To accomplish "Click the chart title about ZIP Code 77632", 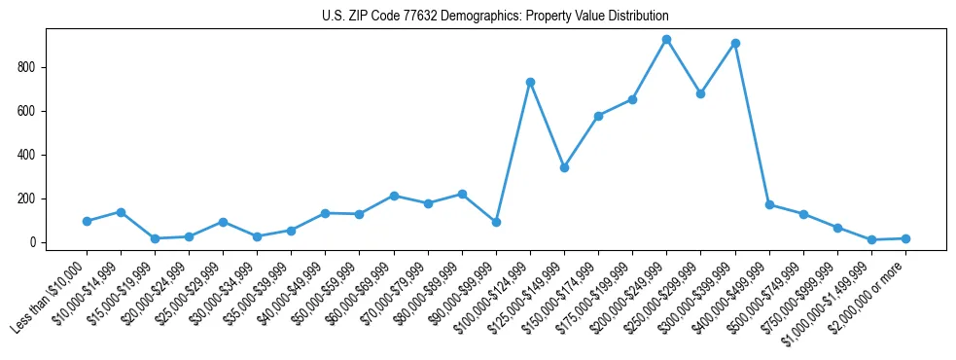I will point(495,17).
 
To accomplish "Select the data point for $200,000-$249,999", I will point(666,40).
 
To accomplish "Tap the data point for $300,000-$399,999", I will point(735,44).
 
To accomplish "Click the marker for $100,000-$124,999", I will point(530,83).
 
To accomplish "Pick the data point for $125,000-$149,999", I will point(564,167).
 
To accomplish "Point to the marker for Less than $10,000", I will point(87,221).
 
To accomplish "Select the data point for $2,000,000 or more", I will point(905,238).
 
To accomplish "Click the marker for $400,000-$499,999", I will point(769,205).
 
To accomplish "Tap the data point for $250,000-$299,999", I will point(700,94).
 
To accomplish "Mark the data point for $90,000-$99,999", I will point(496,222).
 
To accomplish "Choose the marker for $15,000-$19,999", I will point(155,238).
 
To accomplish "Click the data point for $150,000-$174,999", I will point(598,116).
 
